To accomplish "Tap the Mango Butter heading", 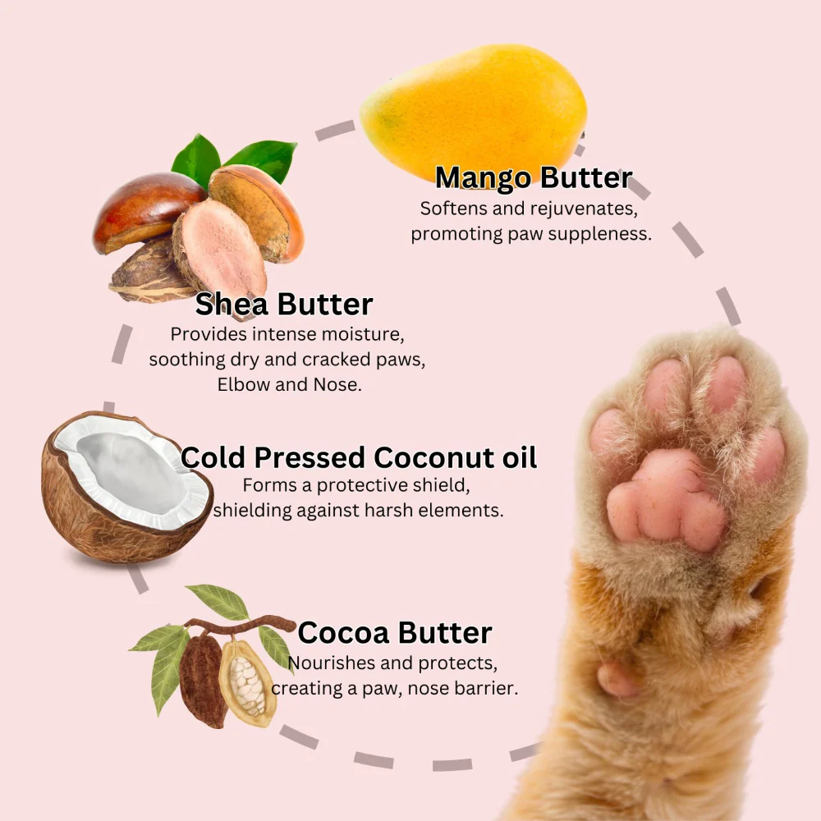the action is [x=534, y=177].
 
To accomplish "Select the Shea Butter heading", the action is [x=284, y=304].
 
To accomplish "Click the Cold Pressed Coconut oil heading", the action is [x=359, y=457].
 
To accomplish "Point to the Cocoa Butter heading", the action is [x=395, y=632].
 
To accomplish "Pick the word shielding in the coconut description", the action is [x=252, y=511].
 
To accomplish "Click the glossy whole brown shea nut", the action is [x=147, y=209].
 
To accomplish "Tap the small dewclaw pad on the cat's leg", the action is [x=618, y=680].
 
